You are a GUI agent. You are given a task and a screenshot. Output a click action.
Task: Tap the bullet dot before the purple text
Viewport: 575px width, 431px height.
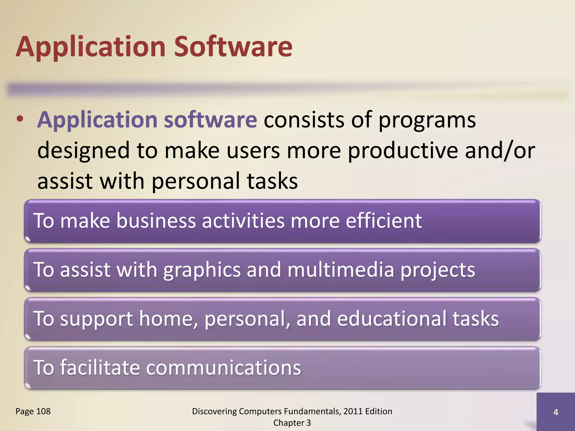click(x=20, y=119)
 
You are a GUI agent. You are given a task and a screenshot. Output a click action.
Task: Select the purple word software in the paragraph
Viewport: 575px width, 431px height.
click(x=210, y=120)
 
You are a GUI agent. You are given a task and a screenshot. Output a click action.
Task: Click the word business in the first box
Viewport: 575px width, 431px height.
click(x=156, y=221)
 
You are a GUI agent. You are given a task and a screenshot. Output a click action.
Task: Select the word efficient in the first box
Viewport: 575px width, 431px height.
click(x=384, y=221)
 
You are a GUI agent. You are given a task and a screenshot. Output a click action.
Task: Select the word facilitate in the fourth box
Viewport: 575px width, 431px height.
click(x=100, y=368)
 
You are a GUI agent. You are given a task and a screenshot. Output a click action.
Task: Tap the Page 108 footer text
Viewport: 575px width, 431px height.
click(x=33, y=411)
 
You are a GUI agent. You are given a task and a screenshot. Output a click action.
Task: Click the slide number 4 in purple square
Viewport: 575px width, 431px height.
click(x=556, y=412)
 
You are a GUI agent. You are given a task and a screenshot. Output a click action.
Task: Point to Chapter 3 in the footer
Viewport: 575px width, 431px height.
click(x=292, y=423)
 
